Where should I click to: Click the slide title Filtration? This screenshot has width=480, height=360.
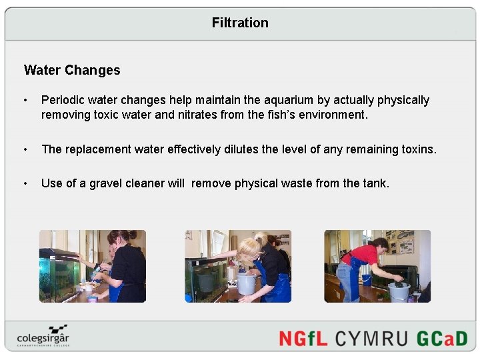pos(240,23)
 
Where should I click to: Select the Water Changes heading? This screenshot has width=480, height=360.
pos(72,70)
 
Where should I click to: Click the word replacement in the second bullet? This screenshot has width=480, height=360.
pos(98,149)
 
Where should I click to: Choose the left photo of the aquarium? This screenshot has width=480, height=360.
pos(93,266)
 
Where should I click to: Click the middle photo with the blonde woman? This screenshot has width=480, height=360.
pos(238,266)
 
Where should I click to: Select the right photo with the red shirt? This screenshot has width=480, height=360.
pos(377,266)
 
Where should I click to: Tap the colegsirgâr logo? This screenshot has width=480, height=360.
pos(43,337)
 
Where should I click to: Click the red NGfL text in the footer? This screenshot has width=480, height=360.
pos(303,338)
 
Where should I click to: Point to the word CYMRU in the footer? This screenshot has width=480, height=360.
pos(372,338)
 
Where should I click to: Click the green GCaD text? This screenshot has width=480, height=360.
pos(441,338)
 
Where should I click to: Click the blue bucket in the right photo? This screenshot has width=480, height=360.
pos(367,279)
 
